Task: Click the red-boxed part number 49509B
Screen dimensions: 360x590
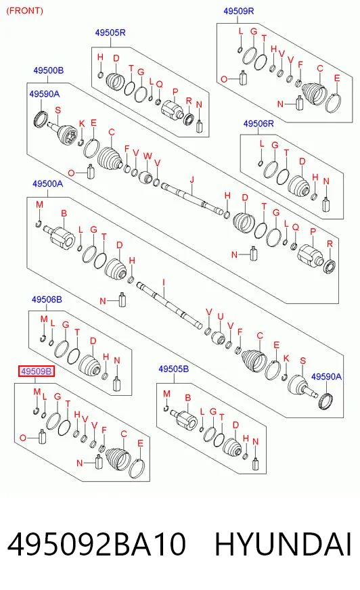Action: tap(37, 371)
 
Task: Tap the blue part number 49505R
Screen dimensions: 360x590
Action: tap(110, 32)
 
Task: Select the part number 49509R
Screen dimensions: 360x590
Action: tap(238, 11)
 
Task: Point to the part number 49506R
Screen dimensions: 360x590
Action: tap(258, 123)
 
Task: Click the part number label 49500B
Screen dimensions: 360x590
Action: tap(48, 70)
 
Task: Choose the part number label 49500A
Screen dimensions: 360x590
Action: tap(47, 183)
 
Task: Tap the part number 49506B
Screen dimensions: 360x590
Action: tap(47, 300)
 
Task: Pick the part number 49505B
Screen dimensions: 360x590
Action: tap(173, 369)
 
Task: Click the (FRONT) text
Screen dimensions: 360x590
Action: tap(25, 11)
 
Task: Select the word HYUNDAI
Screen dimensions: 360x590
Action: tap(284, 544)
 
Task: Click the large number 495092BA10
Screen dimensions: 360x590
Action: tap(96, 544)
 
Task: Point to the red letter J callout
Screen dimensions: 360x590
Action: tap(192, 179)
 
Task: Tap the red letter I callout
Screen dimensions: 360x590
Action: tap(164, 282)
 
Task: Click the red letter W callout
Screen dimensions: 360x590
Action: tap(148, 156)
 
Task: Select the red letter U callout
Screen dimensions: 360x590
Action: tap(221, 317)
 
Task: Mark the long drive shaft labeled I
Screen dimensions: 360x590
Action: tap(169, 304)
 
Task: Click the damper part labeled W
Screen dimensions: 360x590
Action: tap(145, 177)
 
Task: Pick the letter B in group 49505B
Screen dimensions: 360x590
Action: tap(187, 397)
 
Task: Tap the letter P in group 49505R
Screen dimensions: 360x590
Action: tap(175, 91)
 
